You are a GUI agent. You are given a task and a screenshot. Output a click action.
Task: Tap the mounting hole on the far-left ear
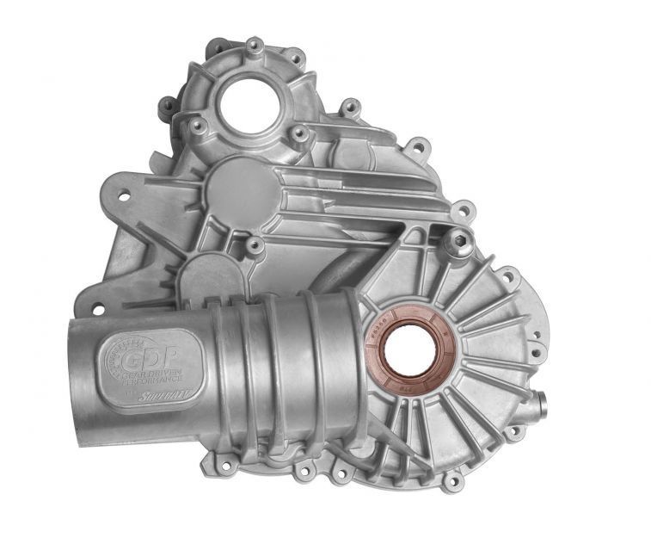tap(123, 196)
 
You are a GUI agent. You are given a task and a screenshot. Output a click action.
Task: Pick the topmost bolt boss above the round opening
tap(254, 45)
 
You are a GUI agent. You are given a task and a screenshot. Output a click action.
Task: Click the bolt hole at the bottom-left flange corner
tap(226, 467)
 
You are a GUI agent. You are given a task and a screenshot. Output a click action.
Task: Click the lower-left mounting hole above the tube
tap(97, 308)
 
